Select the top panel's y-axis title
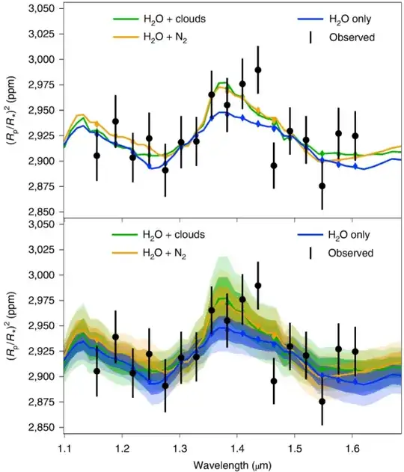click(10, 109)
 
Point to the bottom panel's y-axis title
click(10, 325)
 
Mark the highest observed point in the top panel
click(258, 70)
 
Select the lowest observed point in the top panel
click(322, 186)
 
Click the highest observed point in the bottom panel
click(258, 285)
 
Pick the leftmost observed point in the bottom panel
click(97, 371)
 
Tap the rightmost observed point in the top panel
click(355, 135)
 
